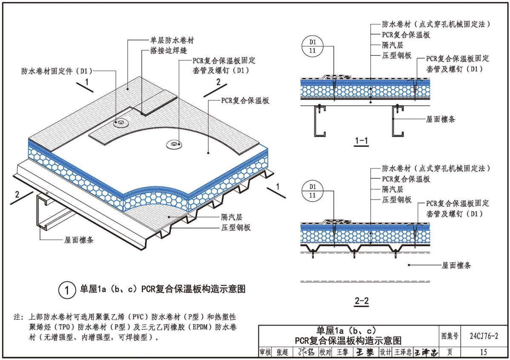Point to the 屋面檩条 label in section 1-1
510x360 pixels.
coord(440,120)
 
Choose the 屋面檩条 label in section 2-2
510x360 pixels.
coord(456,266)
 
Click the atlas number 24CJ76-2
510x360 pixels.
coord(483,336)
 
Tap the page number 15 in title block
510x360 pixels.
coord(483,352)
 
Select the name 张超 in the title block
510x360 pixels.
coord(282,352)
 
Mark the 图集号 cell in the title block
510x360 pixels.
coord(450,336)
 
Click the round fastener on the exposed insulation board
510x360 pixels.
coord(174,145)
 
